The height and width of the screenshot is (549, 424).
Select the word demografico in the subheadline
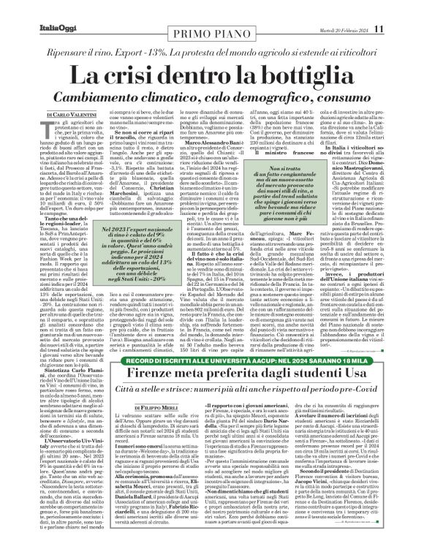247,97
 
